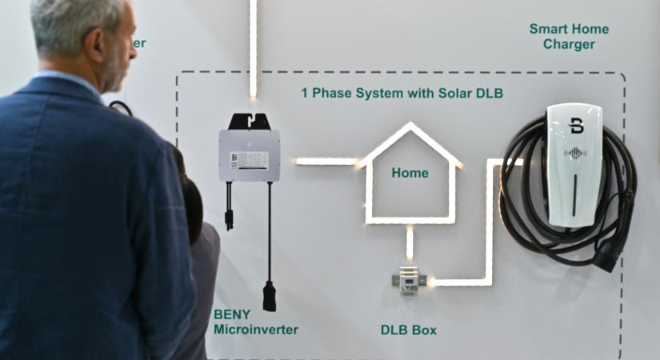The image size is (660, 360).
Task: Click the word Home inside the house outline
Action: click(x=410, y=173)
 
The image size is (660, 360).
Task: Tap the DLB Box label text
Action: click(x=408, y=330)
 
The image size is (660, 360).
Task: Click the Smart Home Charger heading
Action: click(x=569, y=37)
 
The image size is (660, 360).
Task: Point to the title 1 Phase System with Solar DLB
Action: click(x=402, y=93)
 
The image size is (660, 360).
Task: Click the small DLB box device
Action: click(x=408, y=280)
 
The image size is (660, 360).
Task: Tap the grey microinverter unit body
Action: click(x=249, y=155)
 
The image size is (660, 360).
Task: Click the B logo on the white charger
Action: click(x=576, y=126)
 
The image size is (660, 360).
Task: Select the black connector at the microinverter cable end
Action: click(x=270, y=295)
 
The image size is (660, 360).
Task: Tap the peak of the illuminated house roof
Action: click(x=410, y=126)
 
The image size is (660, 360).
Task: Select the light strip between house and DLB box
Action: click(x=410, y=242)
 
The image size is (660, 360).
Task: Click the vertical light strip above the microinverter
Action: click(x=253, y=48)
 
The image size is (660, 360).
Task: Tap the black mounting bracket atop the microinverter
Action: click(x=250, y=121)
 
